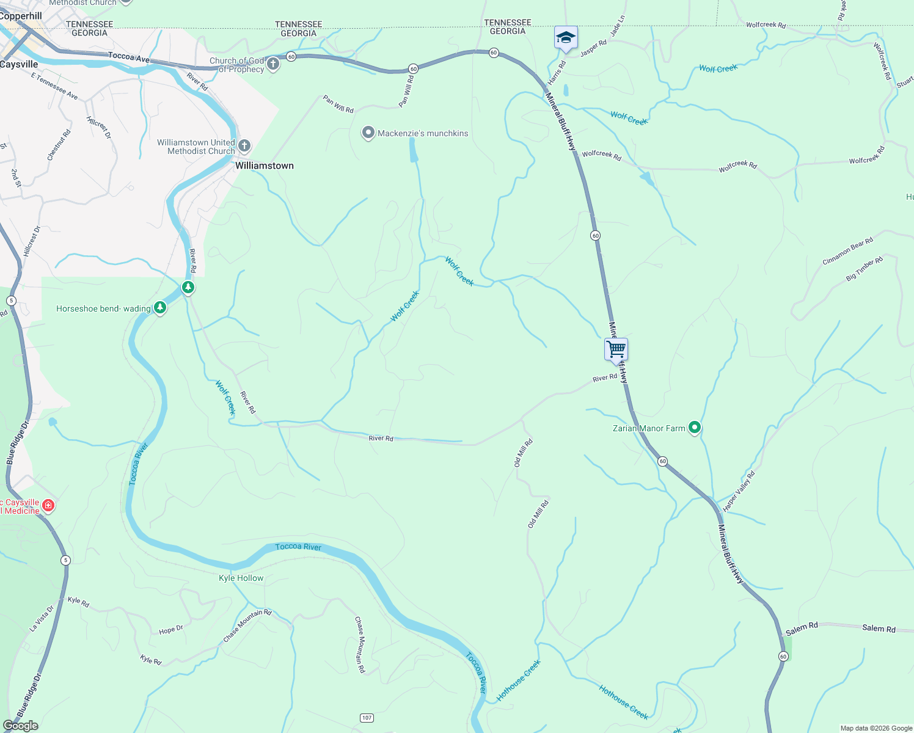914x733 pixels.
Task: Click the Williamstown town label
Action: click(x=264, y=166)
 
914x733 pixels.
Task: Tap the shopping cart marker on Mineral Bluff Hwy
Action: click(x=616, y=350)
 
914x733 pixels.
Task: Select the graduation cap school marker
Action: click(x=566, y=38)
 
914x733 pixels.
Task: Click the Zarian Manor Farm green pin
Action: click(x=694, y=428)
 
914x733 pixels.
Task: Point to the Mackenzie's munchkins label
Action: click(x=423, y=133)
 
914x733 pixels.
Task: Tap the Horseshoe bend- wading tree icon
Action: click(x=160, y=308)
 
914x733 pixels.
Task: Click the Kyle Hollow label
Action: click(x=241, y=578)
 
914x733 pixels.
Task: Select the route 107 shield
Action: click(x=367, y=718)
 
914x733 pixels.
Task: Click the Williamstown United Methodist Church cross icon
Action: click(x=244, y=145)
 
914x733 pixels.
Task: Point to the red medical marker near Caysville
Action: click(x=48, y=506)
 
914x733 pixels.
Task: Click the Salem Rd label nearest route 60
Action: click(x=802, y=627)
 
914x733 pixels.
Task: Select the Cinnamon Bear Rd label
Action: click(x=847, y=251)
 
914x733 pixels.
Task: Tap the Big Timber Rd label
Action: click(x=865, y=269)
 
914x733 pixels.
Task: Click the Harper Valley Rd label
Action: click(x=739, y=491)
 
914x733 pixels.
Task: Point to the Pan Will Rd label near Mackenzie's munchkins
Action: click(x=338, y=104)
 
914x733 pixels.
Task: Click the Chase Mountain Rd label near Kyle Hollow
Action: click(x=247, y=625)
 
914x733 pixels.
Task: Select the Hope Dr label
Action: click(x=171, y=630)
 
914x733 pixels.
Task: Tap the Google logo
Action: click(x=20, y=726)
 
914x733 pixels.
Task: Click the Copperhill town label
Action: click(x=21, y=16)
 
